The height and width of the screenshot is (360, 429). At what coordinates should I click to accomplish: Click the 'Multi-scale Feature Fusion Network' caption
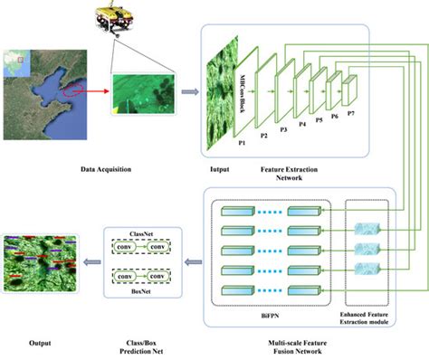coord(299,348)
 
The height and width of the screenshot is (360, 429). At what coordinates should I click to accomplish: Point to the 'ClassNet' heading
coord(141,232)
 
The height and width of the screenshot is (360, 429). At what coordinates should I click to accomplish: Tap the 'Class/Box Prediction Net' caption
coord(140,348)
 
